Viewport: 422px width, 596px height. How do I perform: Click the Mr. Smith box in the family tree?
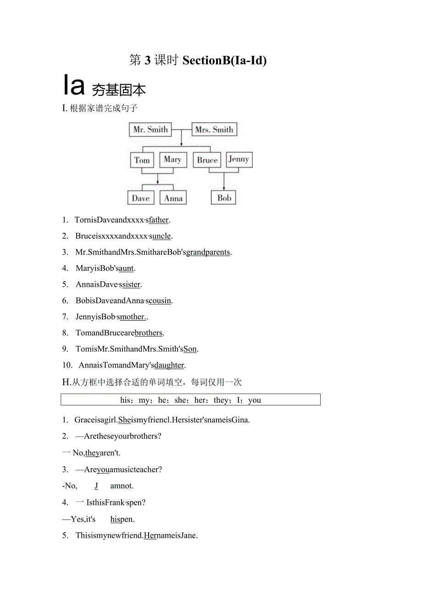coord(150,130)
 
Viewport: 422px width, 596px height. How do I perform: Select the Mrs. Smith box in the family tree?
coord(214,130)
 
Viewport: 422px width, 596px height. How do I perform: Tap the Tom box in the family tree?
coord(142,160)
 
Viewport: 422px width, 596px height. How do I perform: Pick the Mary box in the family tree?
coord(172,159)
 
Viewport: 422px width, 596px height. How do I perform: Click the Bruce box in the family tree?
coord(207,160)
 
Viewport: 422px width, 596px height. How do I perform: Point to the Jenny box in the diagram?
coord(239,159)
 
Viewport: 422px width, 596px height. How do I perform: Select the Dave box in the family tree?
coord(141,198)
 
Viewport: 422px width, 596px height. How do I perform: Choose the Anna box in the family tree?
coord(173,198)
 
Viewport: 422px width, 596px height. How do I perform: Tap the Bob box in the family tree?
coord(224,198)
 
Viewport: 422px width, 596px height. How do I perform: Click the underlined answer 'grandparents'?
coord(208,252)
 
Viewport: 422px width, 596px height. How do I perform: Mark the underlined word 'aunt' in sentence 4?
coord(126,268)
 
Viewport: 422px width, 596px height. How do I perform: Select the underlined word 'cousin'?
coord(161,301)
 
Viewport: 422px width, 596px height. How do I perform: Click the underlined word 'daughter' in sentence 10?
coord(170,365)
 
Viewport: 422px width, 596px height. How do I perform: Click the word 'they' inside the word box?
coord(221,400)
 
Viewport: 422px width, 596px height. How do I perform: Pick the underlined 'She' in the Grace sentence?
coord(125,420)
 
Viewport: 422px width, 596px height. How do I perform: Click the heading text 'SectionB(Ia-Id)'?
coord(224,60)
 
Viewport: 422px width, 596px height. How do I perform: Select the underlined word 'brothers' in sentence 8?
coord(149,333)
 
